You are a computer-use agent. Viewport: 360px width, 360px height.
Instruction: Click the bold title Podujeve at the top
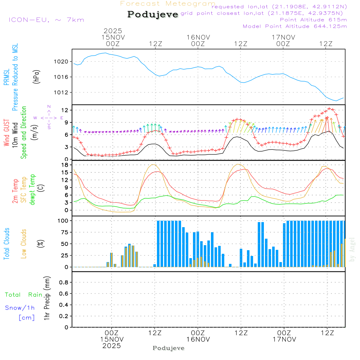153,14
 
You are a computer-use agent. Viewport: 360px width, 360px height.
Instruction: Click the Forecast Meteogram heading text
168,4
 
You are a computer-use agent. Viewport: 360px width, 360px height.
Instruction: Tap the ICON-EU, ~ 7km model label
46,20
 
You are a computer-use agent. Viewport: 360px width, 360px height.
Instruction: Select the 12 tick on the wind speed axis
65,110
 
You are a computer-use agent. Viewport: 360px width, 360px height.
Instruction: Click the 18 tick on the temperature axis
65,165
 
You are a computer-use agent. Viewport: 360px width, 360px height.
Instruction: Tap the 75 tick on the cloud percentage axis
64,232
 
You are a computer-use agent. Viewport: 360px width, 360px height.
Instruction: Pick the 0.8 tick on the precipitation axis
63,283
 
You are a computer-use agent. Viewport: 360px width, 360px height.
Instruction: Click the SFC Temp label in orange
24,190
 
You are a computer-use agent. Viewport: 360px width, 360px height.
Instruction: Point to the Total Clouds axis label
7,244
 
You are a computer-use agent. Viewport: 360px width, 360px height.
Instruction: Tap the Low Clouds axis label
24,244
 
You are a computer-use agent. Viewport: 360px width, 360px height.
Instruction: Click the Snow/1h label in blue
20,308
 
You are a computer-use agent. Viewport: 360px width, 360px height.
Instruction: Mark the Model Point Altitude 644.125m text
295,26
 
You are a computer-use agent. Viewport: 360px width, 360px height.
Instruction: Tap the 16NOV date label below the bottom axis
198,339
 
